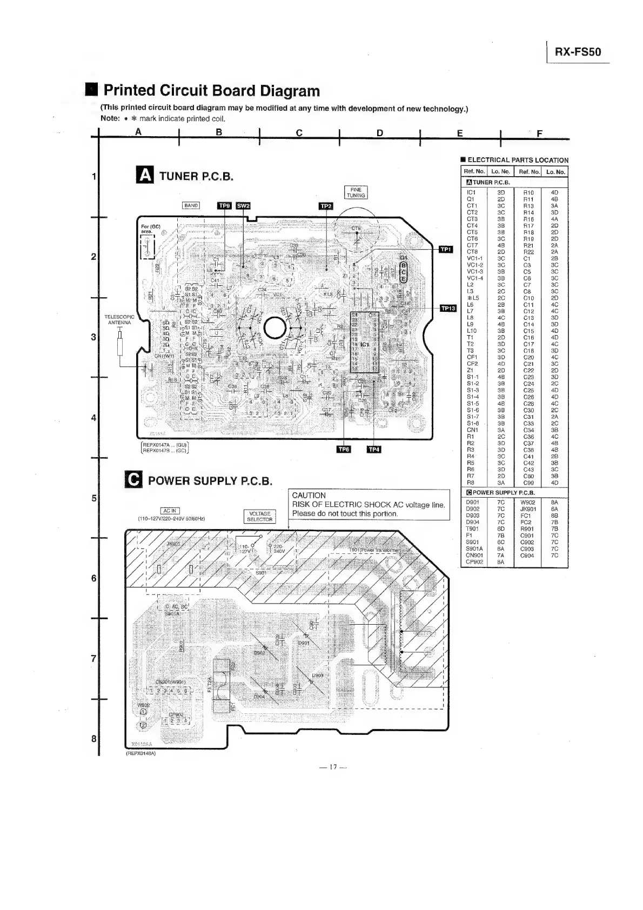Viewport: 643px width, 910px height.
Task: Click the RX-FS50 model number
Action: (x=578, y=53)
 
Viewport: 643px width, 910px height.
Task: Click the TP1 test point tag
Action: (x=446, y=249)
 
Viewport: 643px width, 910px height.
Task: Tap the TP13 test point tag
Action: (x=448, y=309)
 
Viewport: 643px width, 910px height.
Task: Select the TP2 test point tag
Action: (x=326, y=206)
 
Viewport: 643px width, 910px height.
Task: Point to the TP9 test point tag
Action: (x=224, y=205)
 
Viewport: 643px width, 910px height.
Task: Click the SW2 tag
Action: (x=243, y=205)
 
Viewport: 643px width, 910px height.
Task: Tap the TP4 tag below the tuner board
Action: (x=374, y=449)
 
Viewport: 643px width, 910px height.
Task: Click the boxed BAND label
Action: (x=191, y=205)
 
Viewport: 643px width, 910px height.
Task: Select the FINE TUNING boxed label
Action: (x=356, y=192)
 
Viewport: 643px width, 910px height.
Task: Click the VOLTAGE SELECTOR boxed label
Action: (x=260, y=517)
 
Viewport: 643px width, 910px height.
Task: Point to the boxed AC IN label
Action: (x=170, y=511)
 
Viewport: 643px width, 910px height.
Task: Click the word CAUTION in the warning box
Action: (x=309, y=495)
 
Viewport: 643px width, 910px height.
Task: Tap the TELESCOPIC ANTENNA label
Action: (x=119, y=320)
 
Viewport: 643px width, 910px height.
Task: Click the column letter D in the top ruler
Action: (x=380, y=133)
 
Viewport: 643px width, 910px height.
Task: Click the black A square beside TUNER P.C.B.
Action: (x=146, y=176)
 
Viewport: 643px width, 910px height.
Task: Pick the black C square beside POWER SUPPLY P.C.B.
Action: (x=133, y=480)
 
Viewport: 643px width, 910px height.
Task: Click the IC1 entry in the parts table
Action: (x=471, y=192)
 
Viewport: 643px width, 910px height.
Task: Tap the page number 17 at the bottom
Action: (x=333, y=767)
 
